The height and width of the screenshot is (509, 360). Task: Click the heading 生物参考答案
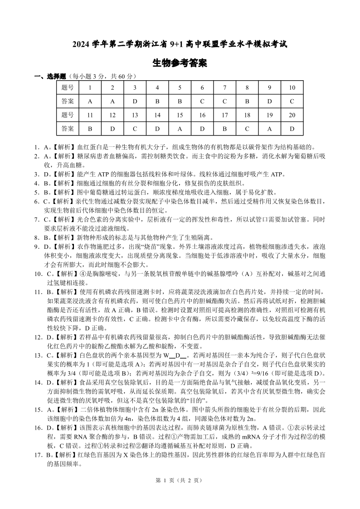[x=180, y=63]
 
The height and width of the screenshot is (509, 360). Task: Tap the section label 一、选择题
[x=50, y=76]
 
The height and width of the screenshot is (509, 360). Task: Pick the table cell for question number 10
[x=292, y=87]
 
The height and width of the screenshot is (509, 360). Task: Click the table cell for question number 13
[x=135, y=115]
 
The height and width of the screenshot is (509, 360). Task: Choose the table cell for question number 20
[x=292, y=115]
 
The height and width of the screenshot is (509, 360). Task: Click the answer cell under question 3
[x=135, y=102]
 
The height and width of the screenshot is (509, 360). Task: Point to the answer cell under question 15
[x=180, y=129]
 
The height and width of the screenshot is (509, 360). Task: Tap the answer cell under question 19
[x=269, y=129]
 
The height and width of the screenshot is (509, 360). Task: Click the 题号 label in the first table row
[x=68, y=87]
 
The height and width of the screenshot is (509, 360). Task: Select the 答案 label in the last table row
[x=68, y=129]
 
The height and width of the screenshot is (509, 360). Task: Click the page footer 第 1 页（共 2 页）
[x=180, y=493]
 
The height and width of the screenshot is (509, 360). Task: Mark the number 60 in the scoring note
[x=120, y=76]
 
